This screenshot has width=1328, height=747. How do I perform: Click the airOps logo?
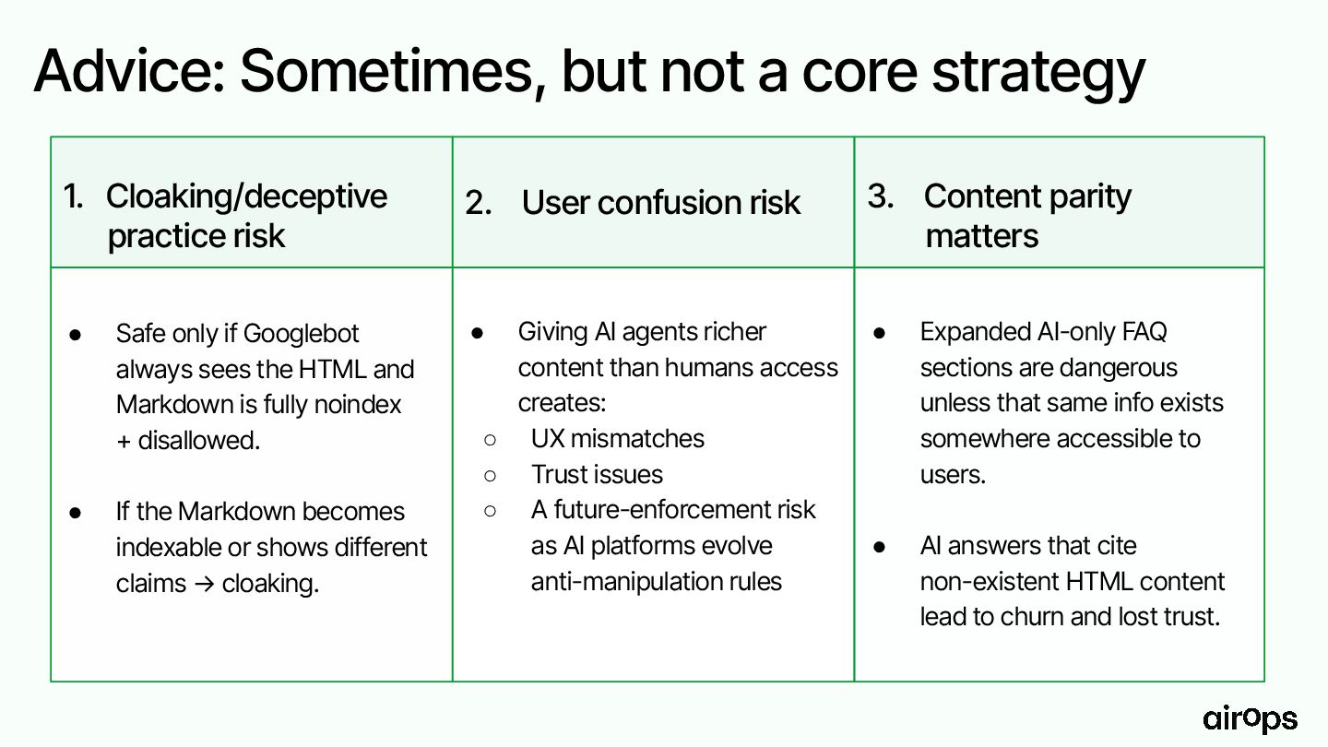tap(1250, 719)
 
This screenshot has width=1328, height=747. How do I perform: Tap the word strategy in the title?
tap(1038, 75)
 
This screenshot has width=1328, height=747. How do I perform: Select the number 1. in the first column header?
tap(73, 196)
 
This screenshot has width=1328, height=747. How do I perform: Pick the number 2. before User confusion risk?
tap(479, 203)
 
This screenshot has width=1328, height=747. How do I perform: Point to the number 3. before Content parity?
tap(881, 196)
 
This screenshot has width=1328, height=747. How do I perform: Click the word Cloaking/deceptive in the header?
tap(246, 196)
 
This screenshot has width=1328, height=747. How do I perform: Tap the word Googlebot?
tap(302, 334)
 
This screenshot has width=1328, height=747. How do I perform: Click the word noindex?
tap(358, 405)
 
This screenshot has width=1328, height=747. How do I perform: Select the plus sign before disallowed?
tap(124, 442)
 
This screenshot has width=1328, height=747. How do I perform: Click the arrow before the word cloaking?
tap(204, 584)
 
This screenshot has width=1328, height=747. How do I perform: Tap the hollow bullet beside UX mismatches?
tap(490, 440)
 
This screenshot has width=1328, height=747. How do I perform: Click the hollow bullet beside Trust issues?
tap(490, 476)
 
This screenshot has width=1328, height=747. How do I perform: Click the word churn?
tap(1032, 617)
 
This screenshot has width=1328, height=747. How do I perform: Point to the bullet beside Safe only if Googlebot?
tap(76, 335)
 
